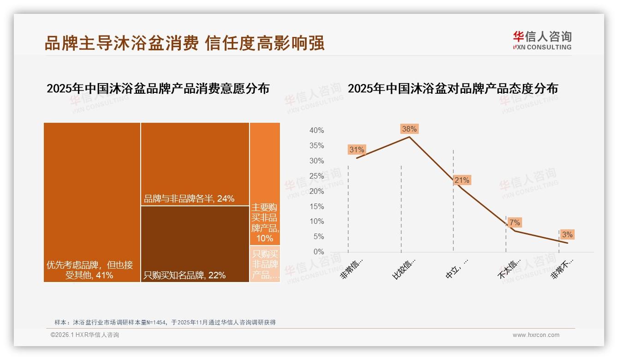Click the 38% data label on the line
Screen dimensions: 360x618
point(409,129)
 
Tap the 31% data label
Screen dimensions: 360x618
point(357,150)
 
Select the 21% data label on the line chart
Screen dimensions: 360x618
point(462,180)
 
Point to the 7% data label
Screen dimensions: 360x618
point(514,222)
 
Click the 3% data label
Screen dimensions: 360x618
point(567,234)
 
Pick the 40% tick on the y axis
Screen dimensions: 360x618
point(316,131)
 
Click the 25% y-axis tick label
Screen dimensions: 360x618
point(316,176)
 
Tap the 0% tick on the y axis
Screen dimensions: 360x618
point(319,252)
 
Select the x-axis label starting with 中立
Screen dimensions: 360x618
point(457,268)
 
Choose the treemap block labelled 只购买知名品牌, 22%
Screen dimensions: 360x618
point(195,244)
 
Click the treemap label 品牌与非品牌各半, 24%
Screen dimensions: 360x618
point(189,199)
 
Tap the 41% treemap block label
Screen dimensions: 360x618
point(90,270)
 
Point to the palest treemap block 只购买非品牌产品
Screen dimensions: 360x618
point(265,264)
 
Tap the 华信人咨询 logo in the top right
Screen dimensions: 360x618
point(542,40)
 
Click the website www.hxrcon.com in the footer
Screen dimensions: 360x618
point(536,335)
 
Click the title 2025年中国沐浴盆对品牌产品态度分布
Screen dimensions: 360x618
point(452,88)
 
